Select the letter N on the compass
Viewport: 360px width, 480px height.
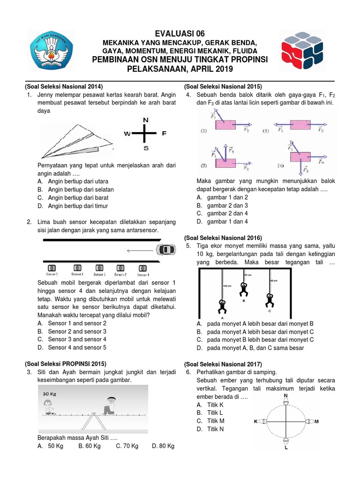coord(146,120)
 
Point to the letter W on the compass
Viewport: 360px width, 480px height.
coord(127,134)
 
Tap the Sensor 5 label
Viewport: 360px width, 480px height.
coord(52,274)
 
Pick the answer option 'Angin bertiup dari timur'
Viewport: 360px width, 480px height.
coord(78,206)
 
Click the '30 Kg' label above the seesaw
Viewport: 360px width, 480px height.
coord(51,393)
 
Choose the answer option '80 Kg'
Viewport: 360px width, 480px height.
coord(163,446)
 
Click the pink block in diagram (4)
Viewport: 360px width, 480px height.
coord(301,157)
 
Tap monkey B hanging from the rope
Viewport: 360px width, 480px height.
coord(243,290)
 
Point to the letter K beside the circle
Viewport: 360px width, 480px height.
coord(256,421)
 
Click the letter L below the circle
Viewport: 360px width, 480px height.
coord(285,447)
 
